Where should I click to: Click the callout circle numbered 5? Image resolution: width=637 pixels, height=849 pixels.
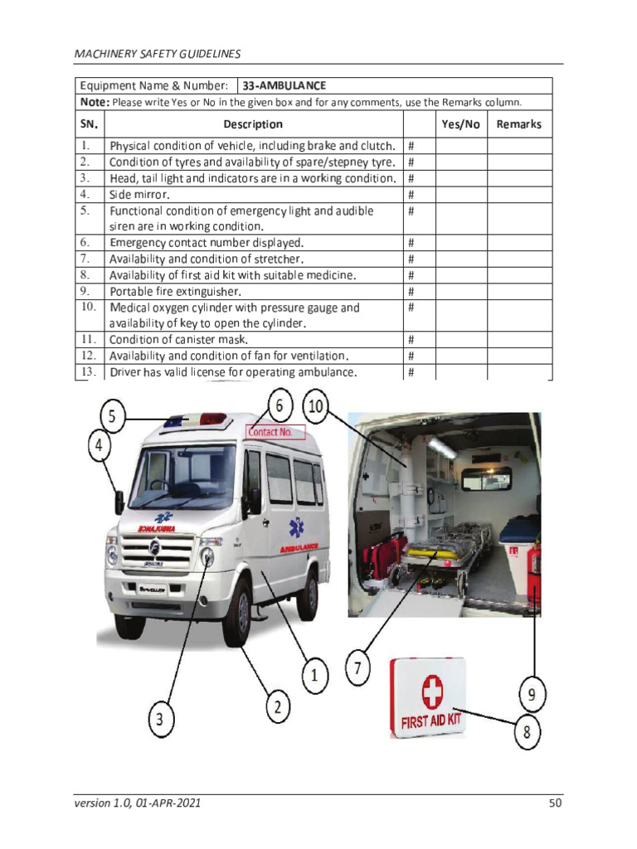click(x=114, y=416)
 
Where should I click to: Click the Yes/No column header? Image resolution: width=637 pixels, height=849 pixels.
click(x=460, y=124)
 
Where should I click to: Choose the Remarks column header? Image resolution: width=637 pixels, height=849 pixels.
click(x=518, y=124)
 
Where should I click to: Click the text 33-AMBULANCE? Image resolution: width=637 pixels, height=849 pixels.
click(x=284, y=85)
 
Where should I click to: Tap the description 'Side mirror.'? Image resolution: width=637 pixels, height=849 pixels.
click(x=139, y=195)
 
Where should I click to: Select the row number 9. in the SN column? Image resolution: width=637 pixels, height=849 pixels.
click(x=85, y=291)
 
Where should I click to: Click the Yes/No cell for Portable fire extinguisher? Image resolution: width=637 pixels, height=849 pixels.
click(x=460, y=292)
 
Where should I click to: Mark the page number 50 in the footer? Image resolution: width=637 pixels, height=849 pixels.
click(x=555, y=803)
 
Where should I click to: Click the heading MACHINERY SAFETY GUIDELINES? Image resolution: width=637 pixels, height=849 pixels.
click(x=158, y=54)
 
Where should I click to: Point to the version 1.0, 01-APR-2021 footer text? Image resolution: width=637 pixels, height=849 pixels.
click(x=137, y=803)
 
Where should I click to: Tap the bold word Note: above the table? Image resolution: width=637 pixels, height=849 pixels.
click(x=94, y=102)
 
